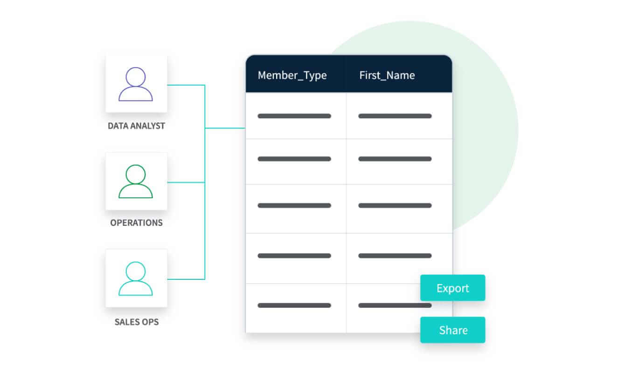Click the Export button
(x=453, y=288)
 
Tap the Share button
(x=453, y=330)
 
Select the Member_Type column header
(x=292, y=75)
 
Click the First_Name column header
(x=387, y=75)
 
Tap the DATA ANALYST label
(x=136, y=126)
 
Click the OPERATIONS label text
(x=137, y=223)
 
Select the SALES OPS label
(x=137, y=322)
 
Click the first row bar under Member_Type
(x=294, y=116)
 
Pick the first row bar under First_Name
(x=395, y=116)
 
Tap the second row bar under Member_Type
(x=294, y=159)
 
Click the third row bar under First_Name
(x=395, y=205)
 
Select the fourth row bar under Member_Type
(x=294, y=256)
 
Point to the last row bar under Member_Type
(x=294, y=305)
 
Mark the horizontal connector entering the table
(x=225, y=128)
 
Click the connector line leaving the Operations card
(x=186, y=183)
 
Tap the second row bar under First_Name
(x=395, y=159)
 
